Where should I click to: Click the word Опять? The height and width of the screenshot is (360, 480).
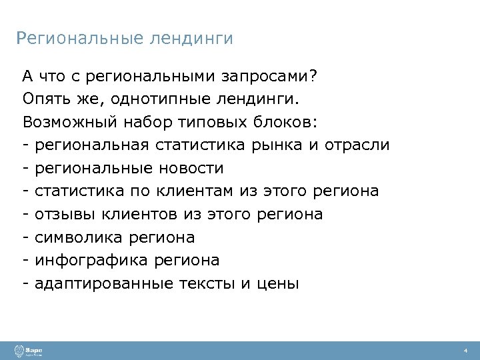(x=44, y=99)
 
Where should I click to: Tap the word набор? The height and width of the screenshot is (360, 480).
(x=135, y=123)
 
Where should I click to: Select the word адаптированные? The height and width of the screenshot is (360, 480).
(x=105, y=283)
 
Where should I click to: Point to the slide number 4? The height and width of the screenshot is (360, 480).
(x=466, y=351)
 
